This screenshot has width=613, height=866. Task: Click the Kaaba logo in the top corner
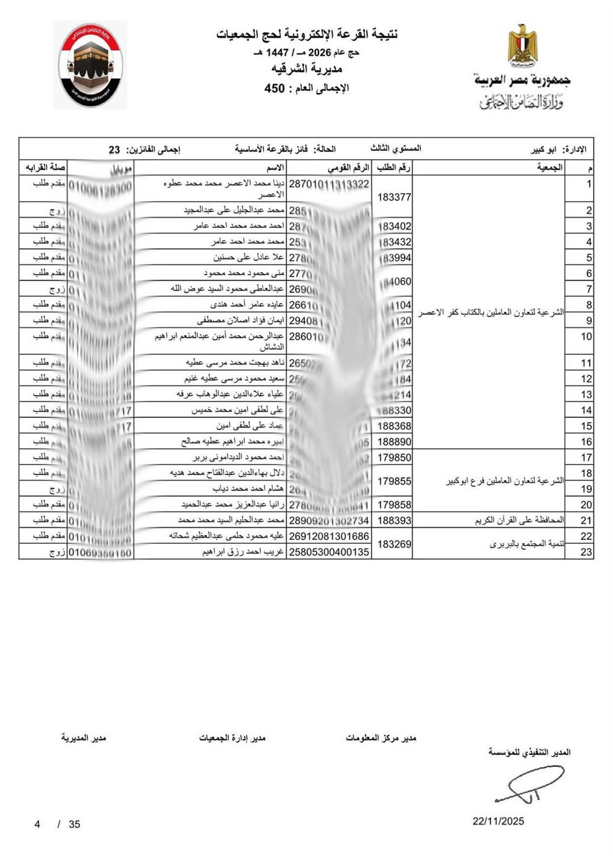coord(90,66)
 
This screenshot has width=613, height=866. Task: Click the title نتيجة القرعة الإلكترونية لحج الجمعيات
coord(306,35)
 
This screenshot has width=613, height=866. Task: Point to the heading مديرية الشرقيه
coord(307,69)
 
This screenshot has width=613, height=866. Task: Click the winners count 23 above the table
coord(114,150)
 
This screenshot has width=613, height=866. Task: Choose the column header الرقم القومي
coord(348,168)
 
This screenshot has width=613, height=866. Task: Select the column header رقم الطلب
coord(394,168)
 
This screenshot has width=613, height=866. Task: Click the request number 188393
coord(394,521)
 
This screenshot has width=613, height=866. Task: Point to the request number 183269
coord(394,544)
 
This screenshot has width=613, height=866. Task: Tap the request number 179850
coord(394,458)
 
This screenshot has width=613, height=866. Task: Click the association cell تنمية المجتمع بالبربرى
coord(526,544)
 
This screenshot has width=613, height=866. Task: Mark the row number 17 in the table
coord(586,458)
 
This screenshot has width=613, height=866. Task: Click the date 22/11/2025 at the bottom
coord(498,821)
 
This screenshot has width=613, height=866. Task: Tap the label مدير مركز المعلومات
coord(381,738)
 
